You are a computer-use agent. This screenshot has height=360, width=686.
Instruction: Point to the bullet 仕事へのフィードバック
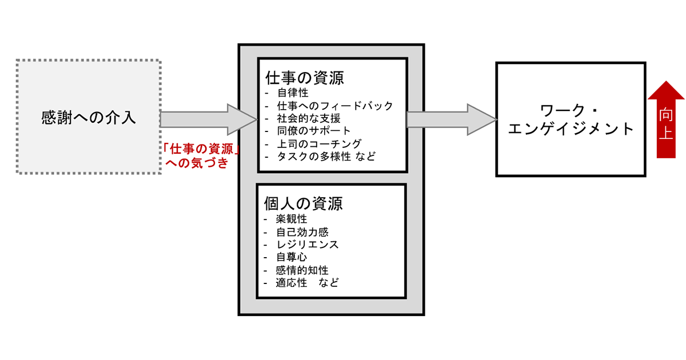335,106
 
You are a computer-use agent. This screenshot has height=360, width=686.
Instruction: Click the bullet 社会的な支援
308,119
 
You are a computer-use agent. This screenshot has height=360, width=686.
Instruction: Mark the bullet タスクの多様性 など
326,157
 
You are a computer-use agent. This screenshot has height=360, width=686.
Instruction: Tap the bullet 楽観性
292,219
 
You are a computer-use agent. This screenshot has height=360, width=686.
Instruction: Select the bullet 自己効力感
302,232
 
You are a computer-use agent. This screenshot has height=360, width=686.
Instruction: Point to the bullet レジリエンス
307,245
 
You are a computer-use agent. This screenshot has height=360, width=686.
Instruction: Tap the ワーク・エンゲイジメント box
570,119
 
